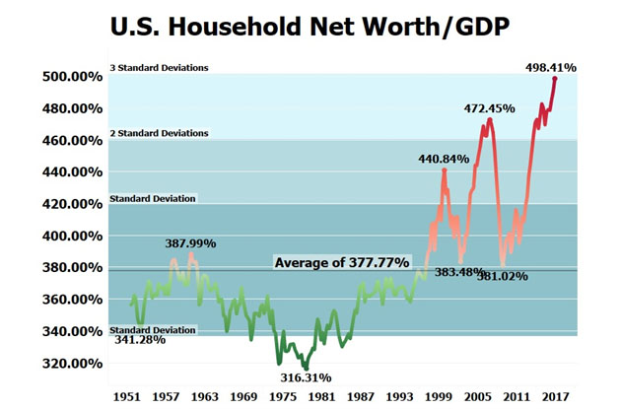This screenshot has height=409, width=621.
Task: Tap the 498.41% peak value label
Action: pos(549,68)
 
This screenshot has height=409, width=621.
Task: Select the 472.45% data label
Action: pos(490,108)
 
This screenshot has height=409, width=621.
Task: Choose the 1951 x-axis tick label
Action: pos(125,396)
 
